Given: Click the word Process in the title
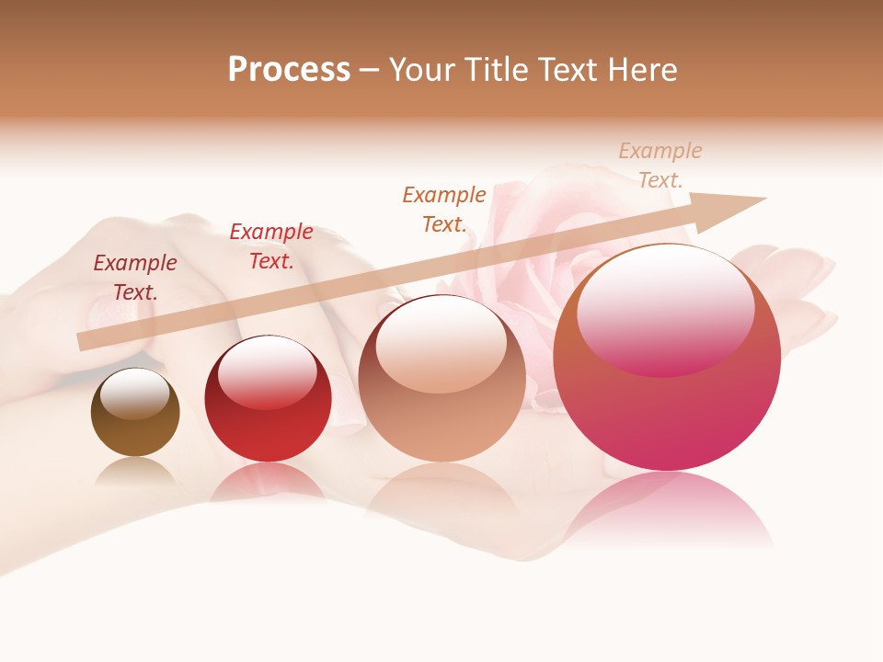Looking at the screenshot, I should tap(289, 69).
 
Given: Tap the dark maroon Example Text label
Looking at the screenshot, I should tap(135, 278).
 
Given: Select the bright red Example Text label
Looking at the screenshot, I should tap(271, 246).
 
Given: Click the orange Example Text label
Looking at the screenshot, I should tap(444, 209).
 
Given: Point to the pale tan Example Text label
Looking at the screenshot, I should tap(660, 165).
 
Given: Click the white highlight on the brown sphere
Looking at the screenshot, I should tap(135, 394).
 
